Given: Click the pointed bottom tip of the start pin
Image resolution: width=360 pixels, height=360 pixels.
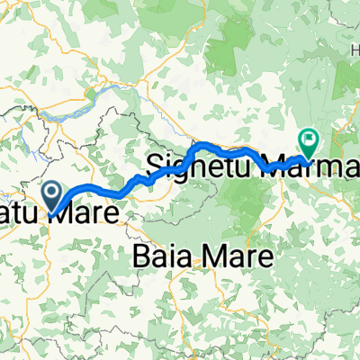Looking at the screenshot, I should (52, 210).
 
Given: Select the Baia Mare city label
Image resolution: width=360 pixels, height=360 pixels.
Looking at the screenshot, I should (202, 256).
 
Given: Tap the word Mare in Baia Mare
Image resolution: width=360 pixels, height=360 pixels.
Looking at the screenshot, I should (232, 256).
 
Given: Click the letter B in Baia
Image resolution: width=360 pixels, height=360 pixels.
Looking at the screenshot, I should (142, 256).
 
